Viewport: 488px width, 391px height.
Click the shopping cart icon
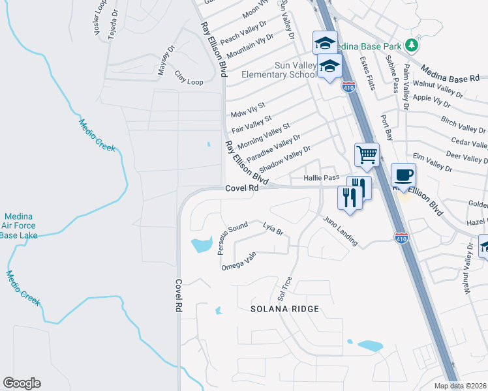[366, 155]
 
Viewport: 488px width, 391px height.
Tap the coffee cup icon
[403, 175]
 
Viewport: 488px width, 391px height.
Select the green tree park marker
[411, 45]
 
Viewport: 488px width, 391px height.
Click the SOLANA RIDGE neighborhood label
[286, 308]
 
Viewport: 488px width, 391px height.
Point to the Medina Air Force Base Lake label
[20, 225]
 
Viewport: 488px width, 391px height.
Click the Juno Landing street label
[340, 231]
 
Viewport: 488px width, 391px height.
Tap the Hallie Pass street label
[322, 178]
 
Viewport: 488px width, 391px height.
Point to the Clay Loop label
[189, 82]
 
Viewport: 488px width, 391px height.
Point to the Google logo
[22, 383]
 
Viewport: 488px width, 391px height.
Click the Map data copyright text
[461, 386]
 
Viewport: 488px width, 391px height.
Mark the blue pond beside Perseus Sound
[201, 246]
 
